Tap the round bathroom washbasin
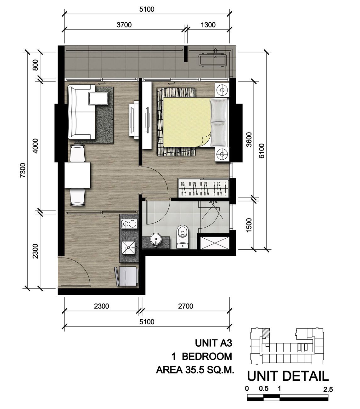pyautogui.click(x=155, y=239)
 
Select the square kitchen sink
pyautogui.click(x=128, y=247)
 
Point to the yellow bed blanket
pyautogui.click(x=187, y=122)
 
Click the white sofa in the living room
pyautogui.click(x=81, y=112)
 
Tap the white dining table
pyautogui.click(x=77, y=175)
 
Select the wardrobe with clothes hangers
pyautogui.click(x=203, y=188)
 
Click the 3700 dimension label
pyautogui.click(x=124, y=25)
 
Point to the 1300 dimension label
pyautogui.click(x=208, y=25)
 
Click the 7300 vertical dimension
pyautogui.click(x=23, y=170)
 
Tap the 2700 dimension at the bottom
pyautogui.click(x=185, y=306)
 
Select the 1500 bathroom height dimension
pyautogui.click(x=249, y=225)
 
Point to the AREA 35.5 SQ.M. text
pyautogui.click(x=195, y=370)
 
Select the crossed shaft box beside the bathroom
pyautogui.click(x=215, y=243)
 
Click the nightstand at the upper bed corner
pyautogui.click(x=222, y=90)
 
